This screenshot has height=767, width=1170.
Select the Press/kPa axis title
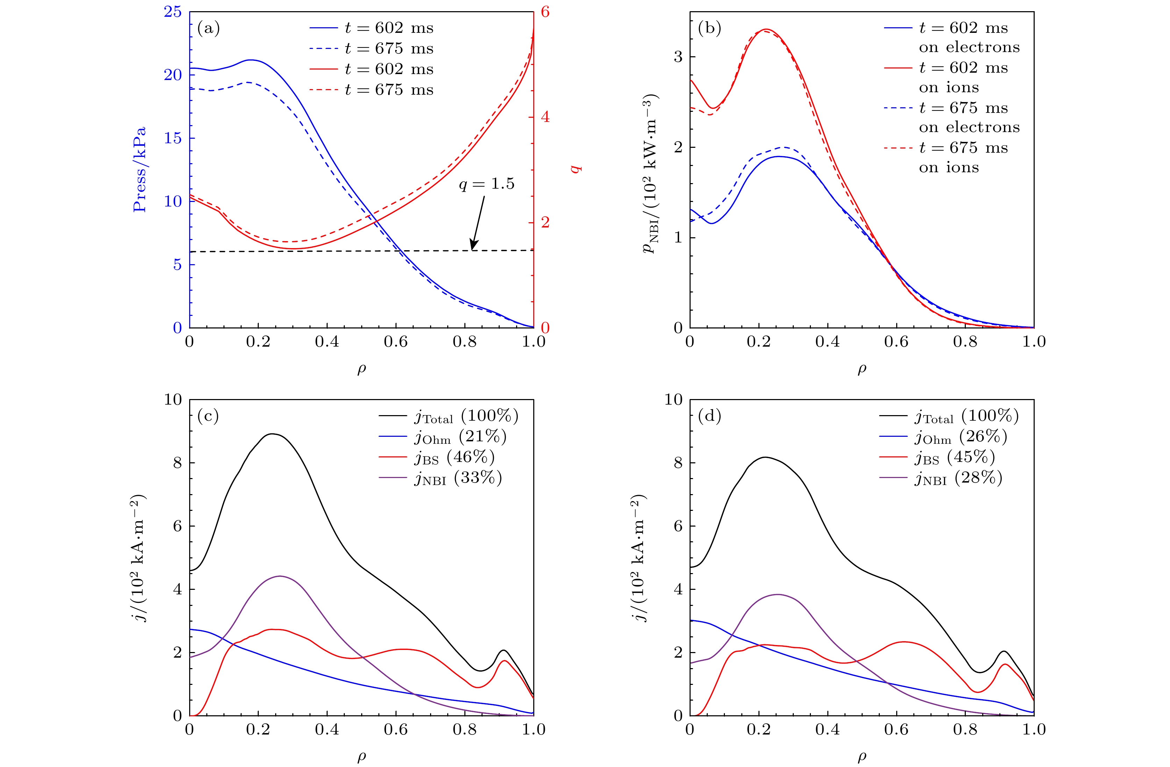point(140,169)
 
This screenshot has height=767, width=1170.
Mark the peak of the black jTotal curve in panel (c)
point(272,434)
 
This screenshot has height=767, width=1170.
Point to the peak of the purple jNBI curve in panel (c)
point(280,576)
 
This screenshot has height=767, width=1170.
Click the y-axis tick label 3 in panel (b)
point(678,57)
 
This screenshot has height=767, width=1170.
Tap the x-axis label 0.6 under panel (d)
point(896,729)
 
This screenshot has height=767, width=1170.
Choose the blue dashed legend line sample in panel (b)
point(898,108)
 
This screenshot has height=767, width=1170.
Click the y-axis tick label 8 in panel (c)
point(178,463)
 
